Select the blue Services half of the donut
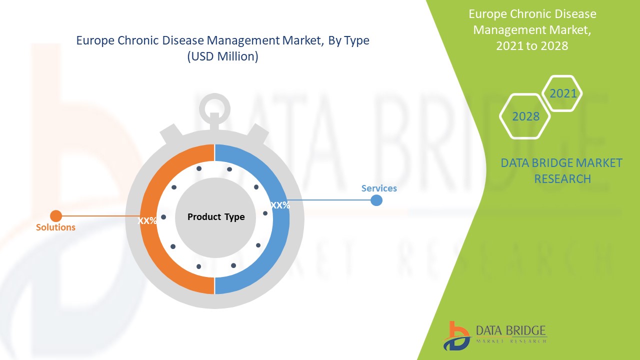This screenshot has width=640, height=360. pyautogui.click(x=280, y=240)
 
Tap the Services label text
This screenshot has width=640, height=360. pyautogui.click(x=379, y=188)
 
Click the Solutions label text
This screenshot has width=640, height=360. pyautogui.click(x=55, y=227)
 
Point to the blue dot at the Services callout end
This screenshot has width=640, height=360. pyautogui.click(x=376, y=200)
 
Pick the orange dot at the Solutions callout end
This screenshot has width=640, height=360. pyautogui.click(x=56, y=216)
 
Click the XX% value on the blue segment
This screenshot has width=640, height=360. pyautogui.click(x=280, y=205)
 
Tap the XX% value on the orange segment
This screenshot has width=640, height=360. pyautogui.click(x=147, y=220)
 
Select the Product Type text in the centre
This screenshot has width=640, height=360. pyautogui.click(x=216, y=217)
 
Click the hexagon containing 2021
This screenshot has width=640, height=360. pyautogui.click(x=563, y=93)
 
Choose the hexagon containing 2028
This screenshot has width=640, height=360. pyautogui.click(x=525, y=116)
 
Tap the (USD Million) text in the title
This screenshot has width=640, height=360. pyautogui.click(x=222, y=57)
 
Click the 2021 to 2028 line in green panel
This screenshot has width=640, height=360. pyautogui.click(x=532, y=45)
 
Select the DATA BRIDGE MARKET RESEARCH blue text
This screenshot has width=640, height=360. pyautogui.click(x=561, y=170)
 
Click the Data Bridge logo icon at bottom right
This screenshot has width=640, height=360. pyautogui.click(x=456, y=335)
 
